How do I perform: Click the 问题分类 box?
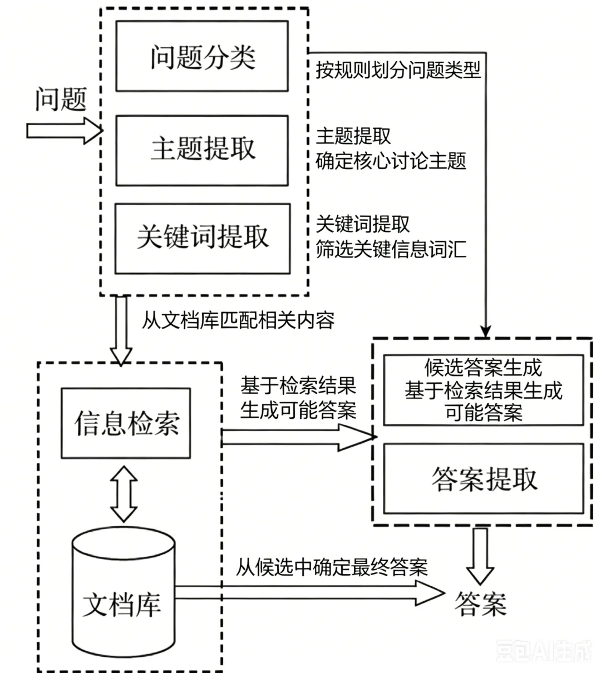click(x=202, y=56)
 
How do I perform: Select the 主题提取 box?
click(x=202, y=151)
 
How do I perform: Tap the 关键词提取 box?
click(x=203, y=239)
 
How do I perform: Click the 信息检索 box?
click(x=126, y=423)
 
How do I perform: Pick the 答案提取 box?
click(x=484, y=479)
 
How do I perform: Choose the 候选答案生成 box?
click(x=484, y=390)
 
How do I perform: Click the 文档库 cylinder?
click(x=124, y=592)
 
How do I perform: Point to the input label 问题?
click(x=61, y=100)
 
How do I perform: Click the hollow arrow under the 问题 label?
click(x=65, y=131)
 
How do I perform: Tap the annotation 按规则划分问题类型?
click(x=398, y=71)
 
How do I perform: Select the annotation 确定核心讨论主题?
click(x=391, y=161)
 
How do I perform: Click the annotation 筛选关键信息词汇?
click(x=391, y=250)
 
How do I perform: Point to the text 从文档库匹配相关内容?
click(x=238, y=320)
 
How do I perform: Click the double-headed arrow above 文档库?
click(x=124, y=493)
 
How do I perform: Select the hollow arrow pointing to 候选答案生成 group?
click(x=299, y=437)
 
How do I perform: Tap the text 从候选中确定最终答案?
click(x=332, y=567)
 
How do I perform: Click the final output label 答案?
click(x=480, y=604)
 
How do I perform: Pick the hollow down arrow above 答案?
click(x=480, y=556)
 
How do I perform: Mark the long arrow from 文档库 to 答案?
click(x=310, y=593)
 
